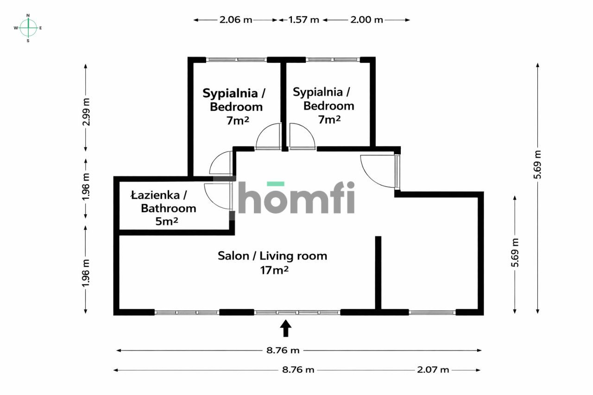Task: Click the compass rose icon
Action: pos(28,28)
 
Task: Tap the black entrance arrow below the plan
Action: pos(286,328)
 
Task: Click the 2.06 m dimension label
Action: pos(236,20)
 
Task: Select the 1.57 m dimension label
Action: pos(304,20)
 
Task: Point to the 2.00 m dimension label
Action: pos(366,20)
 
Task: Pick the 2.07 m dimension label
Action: pos(433,370)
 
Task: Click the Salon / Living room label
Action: pos(272,256)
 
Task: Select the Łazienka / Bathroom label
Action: pos(164,201)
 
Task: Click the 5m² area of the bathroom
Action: pos(167,221)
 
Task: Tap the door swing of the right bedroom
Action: pos(302,137)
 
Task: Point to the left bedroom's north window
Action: pos(236,60)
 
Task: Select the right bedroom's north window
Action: pos(333,60)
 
